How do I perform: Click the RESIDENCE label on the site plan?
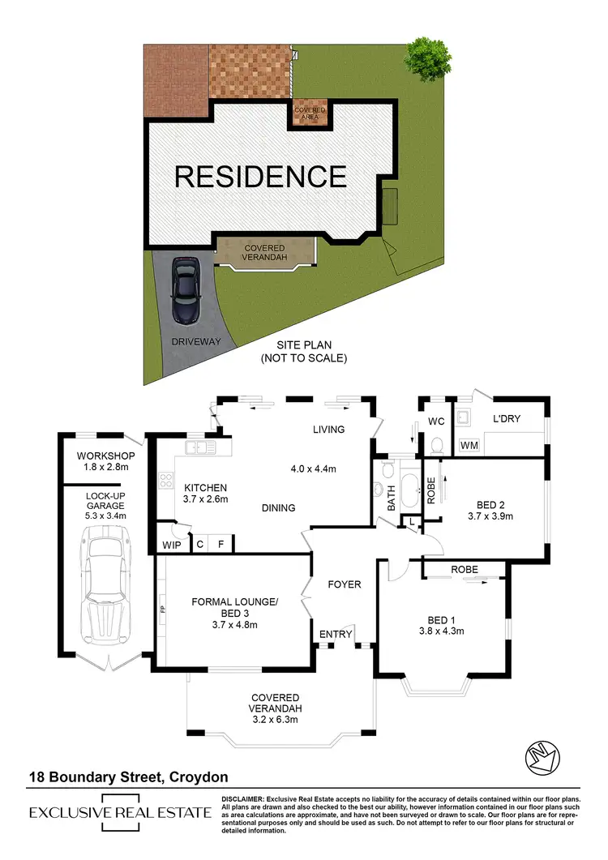click(260, 176)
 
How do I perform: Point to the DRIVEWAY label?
click(195, 342)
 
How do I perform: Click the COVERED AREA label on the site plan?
click(310, 113)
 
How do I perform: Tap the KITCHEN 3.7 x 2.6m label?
click(205, 493)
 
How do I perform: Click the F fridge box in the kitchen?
click(220, 544)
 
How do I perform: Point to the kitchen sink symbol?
click(199, 447)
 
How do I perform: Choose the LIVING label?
click(328, 430)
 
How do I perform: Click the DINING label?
click(278, 508)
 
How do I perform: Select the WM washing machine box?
click(469, 445)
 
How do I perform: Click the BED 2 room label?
click(486, 509)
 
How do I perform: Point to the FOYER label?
click(344, 584)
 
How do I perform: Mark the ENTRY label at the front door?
click(335, 634)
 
